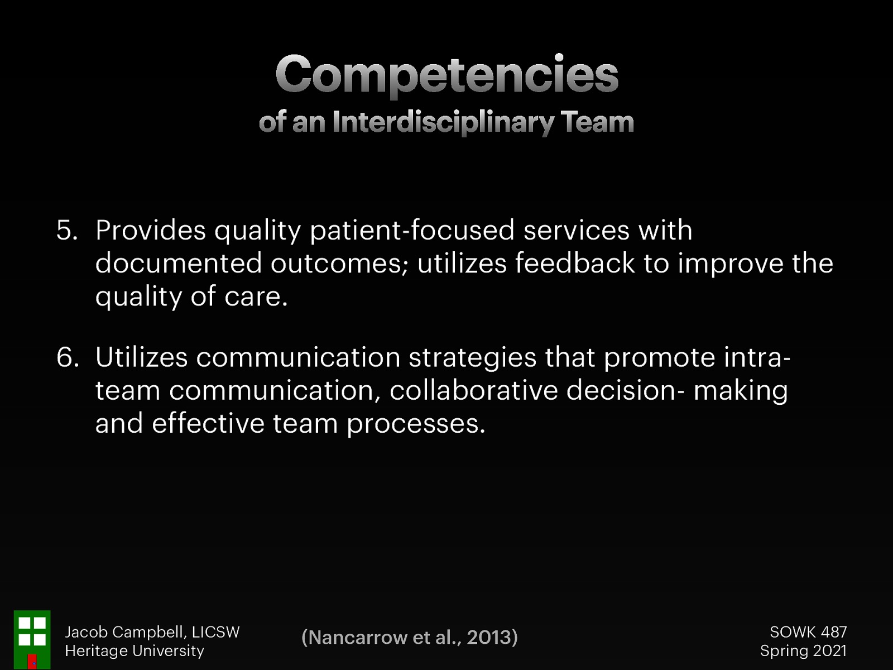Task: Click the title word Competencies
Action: (x=446, y=75)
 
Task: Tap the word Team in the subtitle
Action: (x=597, y=122)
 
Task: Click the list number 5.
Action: (x=66, y=230)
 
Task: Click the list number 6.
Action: (x=66, y=357)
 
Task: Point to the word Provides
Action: (x=150, y=230)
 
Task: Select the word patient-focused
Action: (x=412, y=230)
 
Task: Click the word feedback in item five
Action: (x=574, y=263)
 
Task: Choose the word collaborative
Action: (x=473, y=390)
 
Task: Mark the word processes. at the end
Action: (x=416, y=424)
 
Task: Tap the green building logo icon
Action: (x=32, y=639)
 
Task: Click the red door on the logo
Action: (x=32, y=661)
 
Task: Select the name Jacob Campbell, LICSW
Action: (x=152, y=632)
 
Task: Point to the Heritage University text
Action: (x=135, y=651)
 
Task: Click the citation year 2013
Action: (x=489, y=638)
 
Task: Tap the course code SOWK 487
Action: (x=808, y=632)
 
